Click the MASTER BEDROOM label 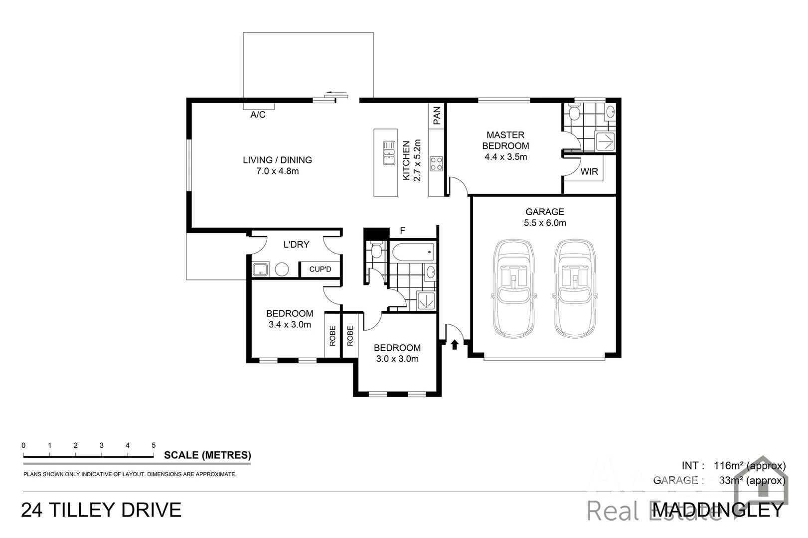click(505, 140)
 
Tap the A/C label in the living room click(258, 115)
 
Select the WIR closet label click(589, 171)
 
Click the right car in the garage click(575, 288)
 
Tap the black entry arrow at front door click(454, 344)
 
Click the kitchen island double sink click(389, 153)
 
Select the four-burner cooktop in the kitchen click(436, 164)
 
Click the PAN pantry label click(437, 115)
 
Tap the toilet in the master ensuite click(574, 113)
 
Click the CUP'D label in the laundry click(320, 269)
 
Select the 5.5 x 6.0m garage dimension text click(545, 223)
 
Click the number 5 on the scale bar click(154, 445)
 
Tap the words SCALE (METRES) click(207, 455)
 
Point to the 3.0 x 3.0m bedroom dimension click(397, 359)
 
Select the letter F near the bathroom click(403, 231)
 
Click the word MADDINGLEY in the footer click(718, 510)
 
